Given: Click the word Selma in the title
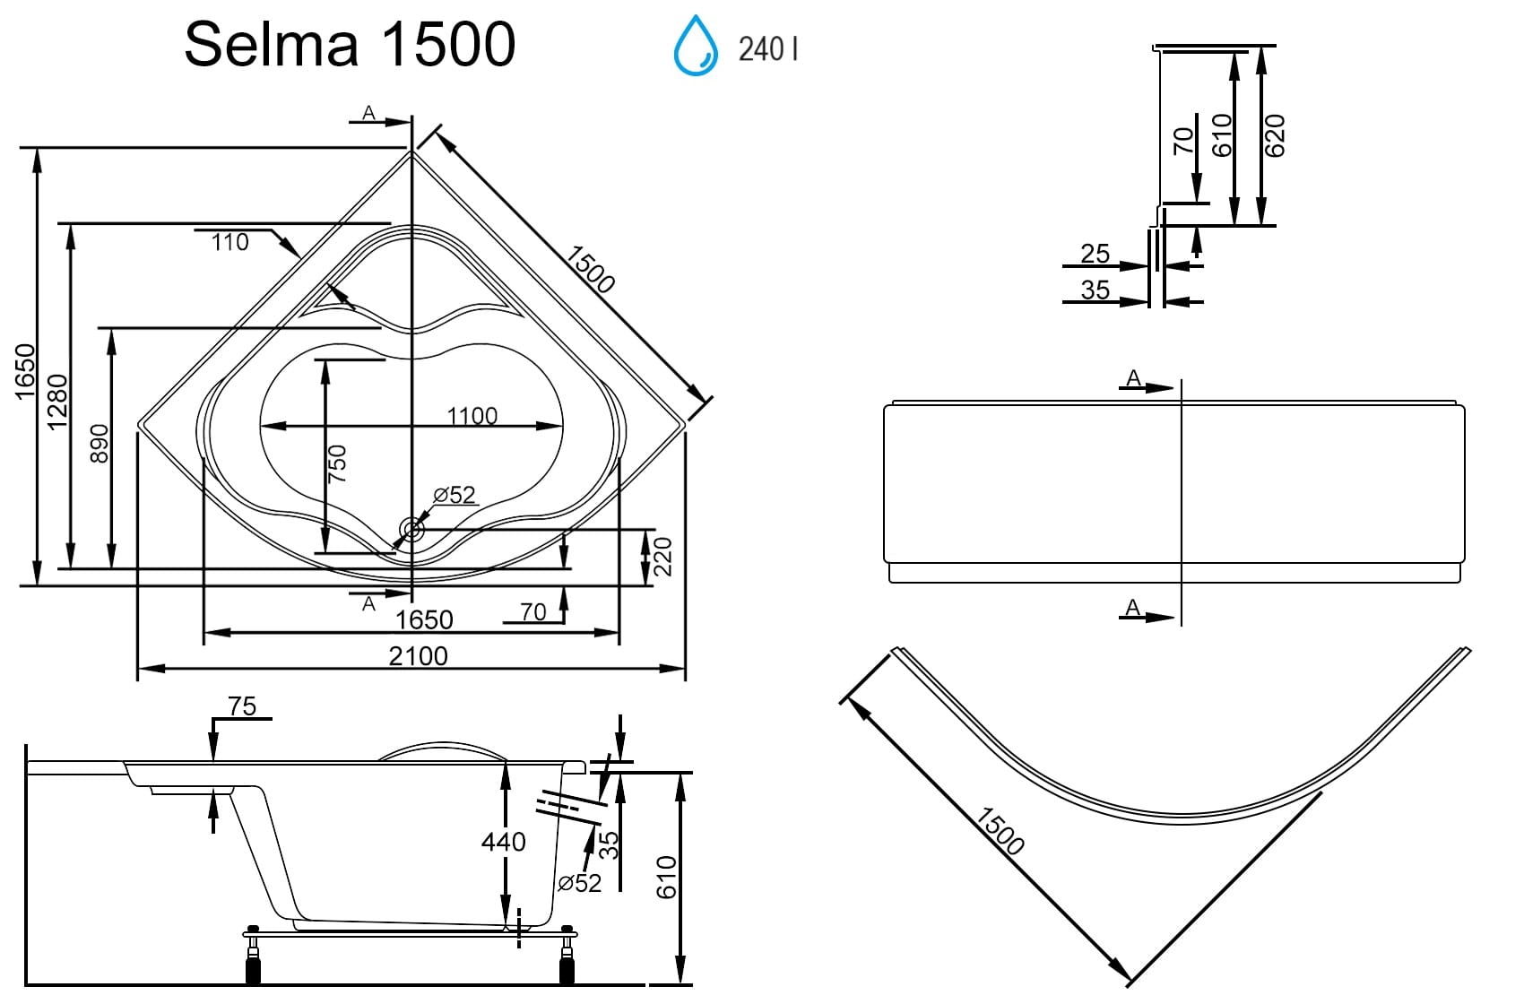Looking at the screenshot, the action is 272,44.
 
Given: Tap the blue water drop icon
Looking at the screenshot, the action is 696,46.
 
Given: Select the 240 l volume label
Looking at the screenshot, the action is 768,49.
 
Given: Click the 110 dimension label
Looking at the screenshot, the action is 230,242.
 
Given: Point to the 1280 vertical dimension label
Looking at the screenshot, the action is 58,402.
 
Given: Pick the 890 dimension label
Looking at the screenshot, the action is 100,444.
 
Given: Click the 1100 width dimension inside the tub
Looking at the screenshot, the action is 472,416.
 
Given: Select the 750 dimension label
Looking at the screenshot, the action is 337,464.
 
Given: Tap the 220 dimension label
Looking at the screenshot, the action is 662,557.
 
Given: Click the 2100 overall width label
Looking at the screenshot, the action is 419,655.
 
